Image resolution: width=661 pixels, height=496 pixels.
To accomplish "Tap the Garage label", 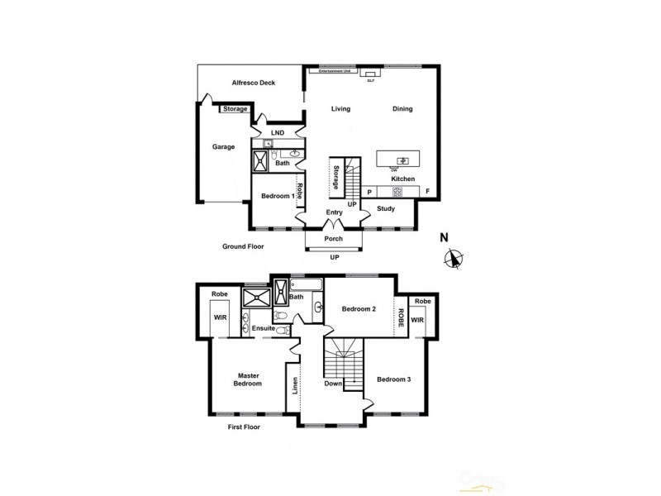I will click(x=223, y=147).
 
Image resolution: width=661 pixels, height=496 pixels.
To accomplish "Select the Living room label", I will click(x=340, y=109).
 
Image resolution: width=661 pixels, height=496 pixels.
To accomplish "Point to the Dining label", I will click(x=402, y=109).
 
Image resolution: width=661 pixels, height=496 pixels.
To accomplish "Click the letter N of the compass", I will click(x=445, y=237).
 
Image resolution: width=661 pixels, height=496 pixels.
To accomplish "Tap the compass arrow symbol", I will click(x=452, y=260).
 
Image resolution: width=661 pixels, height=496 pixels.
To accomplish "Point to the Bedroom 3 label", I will click(x=394, y=379).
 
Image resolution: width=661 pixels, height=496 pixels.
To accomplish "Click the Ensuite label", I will click(x=264, y=328).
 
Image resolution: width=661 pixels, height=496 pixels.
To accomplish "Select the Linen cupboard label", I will click(x=295, y=386).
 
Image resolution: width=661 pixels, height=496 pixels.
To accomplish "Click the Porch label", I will click(x=333, y=239).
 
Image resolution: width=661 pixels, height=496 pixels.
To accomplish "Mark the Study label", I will click(x=386, y=208).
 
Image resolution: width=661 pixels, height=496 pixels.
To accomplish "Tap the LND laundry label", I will click(x=278, y=132).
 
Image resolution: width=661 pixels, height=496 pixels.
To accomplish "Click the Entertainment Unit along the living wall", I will click(x=335, y=71).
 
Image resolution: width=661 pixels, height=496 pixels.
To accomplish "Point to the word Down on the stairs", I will click(x=332, y=384).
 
